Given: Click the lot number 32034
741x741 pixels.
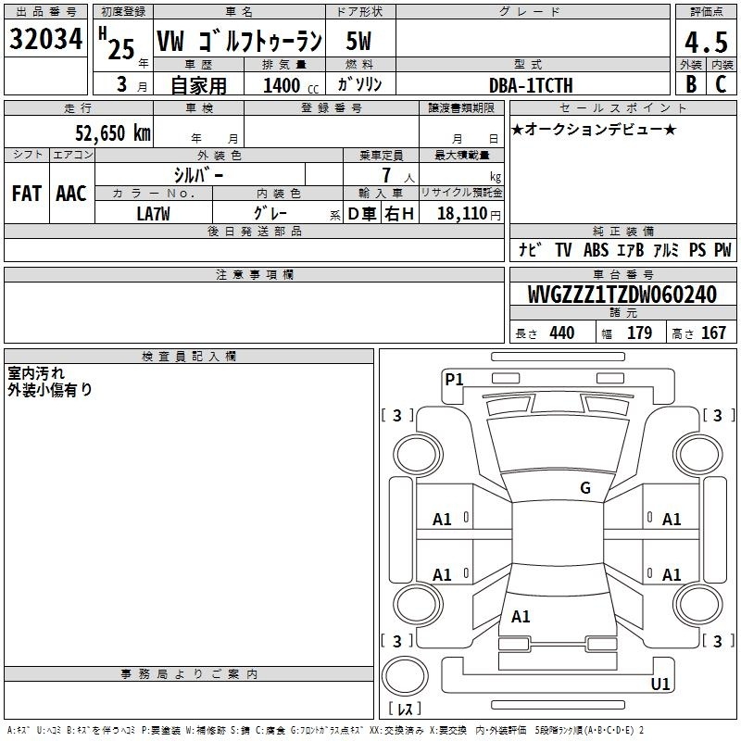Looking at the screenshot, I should (x=46, y=40).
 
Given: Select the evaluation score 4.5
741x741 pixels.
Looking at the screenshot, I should (x=704, y=42).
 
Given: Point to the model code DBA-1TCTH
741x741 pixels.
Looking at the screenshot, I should (x=531, y=85).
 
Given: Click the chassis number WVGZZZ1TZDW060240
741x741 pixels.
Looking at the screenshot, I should (x=622, y=295).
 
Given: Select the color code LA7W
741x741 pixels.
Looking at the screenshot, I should (x=153, y=213).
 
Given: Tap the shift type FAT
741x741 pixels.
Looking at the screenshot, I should (x=27, y=194).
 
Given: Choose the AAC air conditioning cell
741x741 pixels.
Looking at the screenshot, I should (x=71, y=194).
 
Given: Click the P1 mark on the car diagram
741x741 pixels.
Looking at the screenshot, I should (x=454, y=379).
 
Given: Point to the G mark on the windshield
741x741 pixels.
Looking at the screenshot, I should (x=585, y=488).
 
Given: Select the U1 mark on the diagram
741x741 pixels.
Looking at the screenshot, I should (x=660, y=684).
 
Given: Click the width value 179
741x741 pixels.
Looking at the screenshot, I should (x=639, y=333).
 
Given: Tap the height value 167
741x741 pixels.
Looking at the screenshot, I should (x=713, y=333).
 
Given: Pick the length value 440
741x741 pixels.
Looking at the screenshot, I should (x=561, y=333).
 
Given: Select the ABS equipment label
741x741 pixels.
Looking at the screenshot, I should (x=596, y=249).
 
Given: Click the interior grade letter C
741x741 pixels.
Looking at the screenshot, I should (x=721, y=85).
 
